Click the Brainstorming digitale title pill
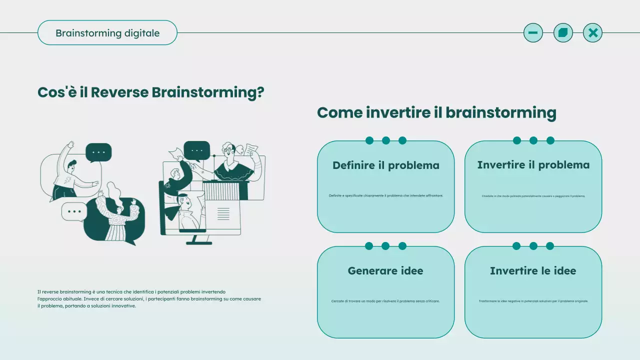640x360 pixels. (107, 33)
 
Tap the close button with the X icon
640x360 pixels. (592, 33)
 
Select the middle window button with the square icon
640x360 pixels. (563, 33)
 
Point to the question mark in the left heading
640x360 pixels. (259, 92)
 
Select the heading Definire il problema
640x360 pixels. (385, 165)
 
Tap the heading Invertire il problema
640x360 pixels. (533, 165)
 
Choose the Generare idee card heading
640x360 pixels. (385, 271)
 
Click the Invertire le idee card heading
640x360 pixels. (533, 271)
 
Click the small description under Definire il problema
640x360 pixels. (385, 196)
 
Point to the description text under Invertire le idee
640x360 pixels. (533, 301)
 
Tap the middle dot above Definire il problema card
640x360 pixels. (386, 140)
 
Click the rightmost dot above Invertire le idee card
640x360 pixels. (550, 246)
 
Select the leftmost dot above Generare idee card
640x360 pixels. (369, 246)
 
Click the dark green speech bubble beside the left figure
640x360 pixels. (98, 152)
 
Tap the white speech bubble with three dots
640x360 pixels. (74, 211)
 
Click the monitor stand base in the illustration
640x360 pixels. (199, 243)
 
